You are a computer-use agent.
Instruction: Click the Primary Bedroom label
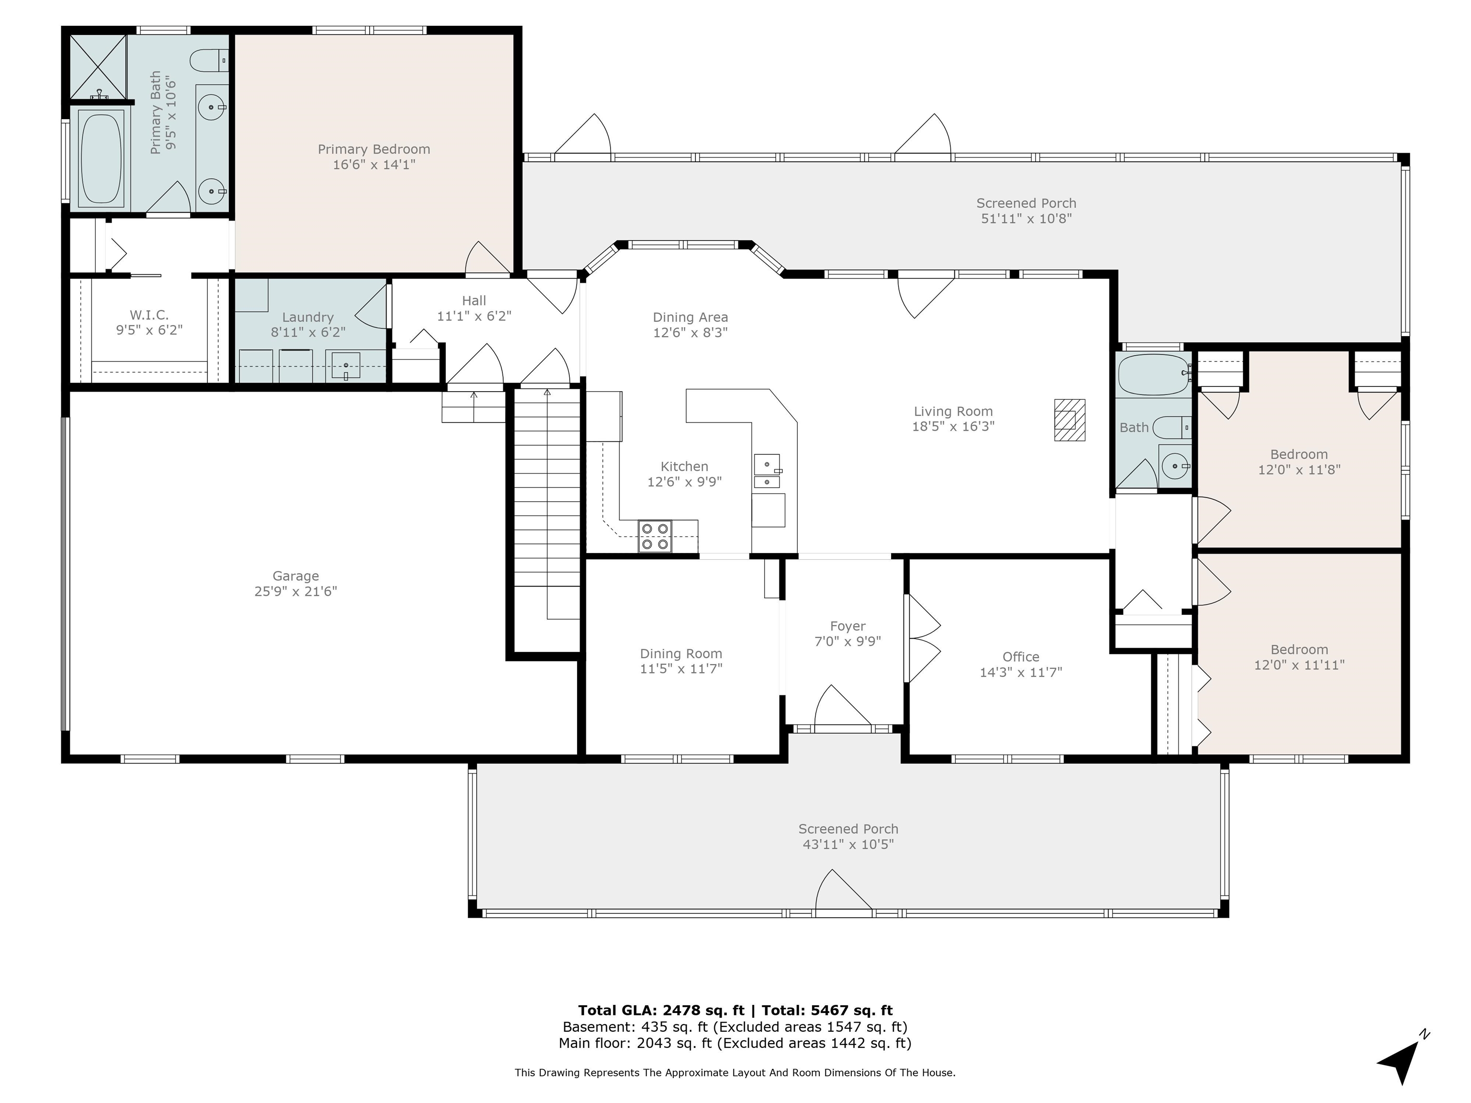[x=373, y=149]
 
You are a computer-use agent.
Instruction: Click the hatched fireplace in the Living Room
[x=1069, y=419]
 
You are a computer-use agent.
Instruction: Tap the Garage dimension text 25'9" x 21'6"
[x=296, y=592]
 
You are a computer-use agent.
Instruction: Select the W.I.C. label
[x=149, y=315]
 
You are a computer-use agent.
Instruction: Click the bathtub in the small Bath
[x=1153, y=375]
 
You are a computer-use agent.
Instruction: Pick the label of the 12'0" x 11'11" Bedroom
[x=1299, y=650]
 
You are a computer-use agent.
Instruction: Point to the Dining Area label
[x=690, y=317]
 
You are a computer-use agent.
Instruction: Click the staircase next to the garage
[x=547, y=505]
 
